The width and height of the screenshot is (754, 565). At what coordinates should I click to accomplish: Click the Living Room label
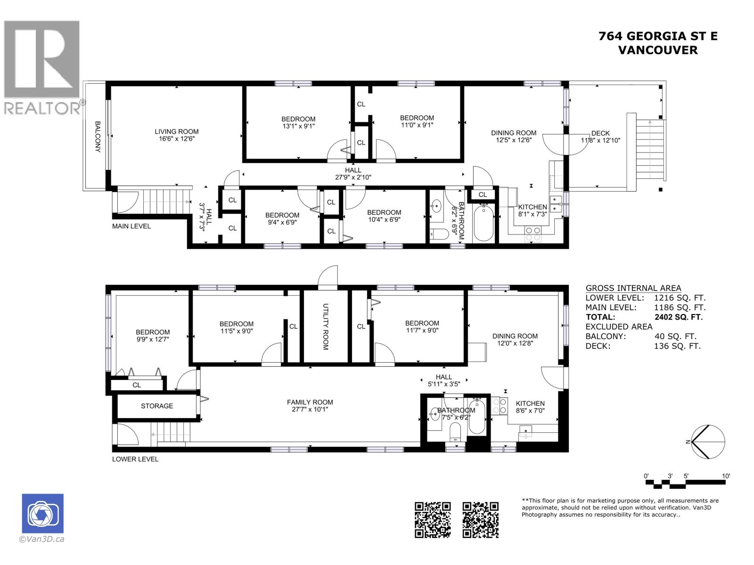177,131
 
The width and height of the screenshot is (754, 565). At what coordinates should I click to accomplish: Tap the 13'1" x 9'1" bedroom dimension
298,126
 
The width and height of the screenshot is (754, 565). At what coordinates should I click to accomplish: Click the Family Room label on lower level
310,402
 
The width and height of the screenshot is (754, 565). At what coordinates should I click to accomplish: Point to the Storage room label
156,406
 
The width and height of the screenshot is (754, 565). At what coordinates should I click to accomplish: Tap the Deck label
600,133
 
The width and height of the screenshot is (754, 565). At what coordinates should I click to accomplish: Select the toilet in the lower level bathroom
455,431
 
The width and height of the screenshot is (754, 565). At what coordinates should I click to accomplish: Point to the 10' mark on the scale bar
726,476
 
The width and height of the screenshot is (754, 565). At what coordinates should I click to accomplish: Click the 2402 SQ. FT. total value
678,317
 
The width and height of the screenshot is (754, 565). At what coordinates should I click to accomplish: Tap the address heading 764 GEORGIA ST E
658,36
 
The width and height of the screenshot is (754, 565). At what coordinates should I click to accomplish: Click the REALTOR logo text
42,108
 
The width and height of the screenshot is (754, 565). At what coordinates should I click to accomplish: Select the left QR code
432,520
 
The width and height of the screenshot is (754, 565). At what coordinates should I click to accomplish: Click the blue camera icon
42,513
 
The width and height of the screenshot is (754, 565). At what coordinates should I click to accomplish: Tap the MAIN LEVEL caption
131,226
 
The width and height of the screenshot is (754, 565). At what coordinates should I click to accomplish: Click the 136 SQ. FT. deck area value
677,346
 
